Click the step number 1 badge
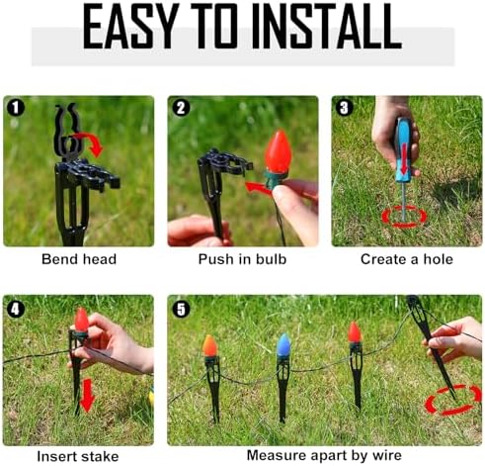point(16,108)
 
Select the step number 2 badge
point(181,108)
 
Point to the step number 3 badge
point(344,108)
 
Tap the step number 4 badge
point(16,309)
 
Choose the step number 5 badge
point(181,309)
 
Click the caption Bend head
point(79,259)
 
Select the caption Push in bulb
point(242,259)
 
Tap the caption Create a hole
point(407,259)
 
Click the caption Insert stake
point(78,456)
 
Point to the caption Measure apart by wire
point(324,455)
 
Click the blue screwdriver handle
point(404,150)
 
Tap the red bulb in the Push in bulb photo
point(279,152)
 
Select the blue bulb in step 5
point(283,345)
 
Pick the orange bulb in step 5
point(209,346)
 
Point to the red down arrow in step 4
point(87,395)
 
